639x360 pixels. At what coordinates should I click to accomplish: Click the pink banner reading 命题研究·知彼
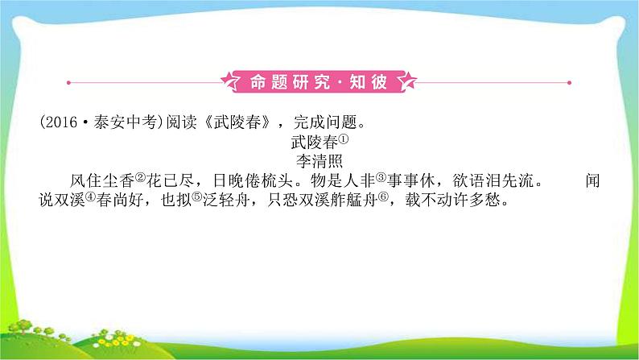319,82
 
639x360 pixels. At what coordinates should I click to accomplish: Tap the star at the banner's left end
231,82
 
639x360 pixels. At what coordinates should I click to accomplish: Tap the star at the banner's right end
409,82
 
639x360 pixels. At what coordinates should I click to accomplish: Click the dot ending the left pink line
68,82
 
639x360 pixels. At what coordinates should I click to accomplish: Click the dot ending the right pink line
570,82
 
